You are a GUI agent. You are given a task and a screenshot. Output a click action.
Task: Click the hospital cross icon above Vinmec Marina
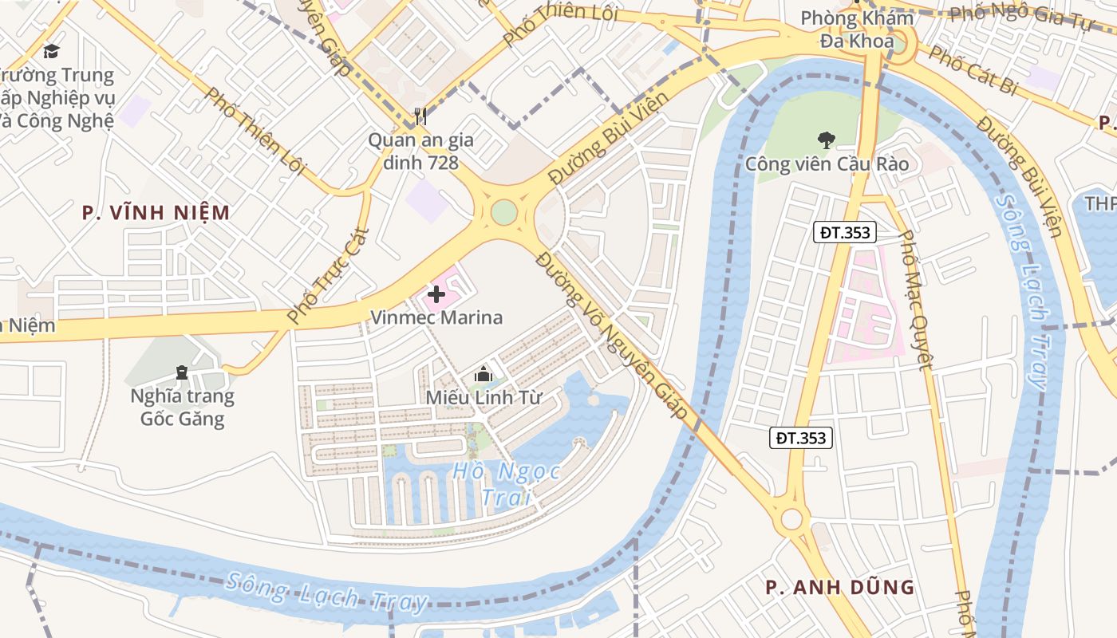pos(436,295)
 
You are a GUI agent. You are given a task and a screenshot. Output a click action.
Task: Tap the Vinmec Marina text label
pos(436,317)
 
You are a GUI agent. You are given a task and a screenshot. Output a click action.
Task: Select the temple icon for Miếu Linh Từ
pos(483,373)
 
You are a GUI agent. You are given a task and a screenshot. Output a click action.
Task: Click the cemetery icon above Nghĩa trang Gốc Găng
pos(182,372)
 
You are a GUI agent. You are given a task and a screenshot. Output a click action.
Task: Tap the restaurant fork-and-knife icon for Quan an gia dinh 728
pos(420,116)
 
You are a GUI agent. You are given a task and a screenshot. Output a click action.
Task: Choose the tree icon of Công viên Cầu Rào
pos(826,140)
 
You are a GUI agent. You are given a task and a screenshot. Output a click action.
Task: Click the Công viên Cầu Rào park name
pos(827,164)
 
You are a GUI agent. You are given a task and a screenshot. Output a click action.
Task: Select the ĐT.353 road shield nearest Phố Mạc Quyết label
pos(846,232)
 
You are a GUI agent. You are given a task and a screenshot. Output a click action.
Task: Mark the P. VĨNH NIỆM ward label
pos(156,212)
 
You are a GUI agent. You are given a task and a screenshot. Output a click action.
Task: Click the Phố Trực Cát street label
pos(328,275)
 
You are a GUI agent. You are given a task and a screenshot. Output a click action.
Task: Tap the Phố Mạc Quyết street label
pos(915,300)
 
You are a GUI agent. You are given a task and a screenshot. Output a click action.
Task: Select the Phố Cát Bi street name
pos(973,71)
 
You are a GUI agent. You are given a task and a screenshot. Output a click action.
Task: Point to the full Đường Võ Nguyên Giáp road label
pos(611,336)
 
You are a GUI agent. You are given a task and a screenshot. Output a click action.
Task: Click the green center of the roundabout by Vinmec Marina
pos(504,212)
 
